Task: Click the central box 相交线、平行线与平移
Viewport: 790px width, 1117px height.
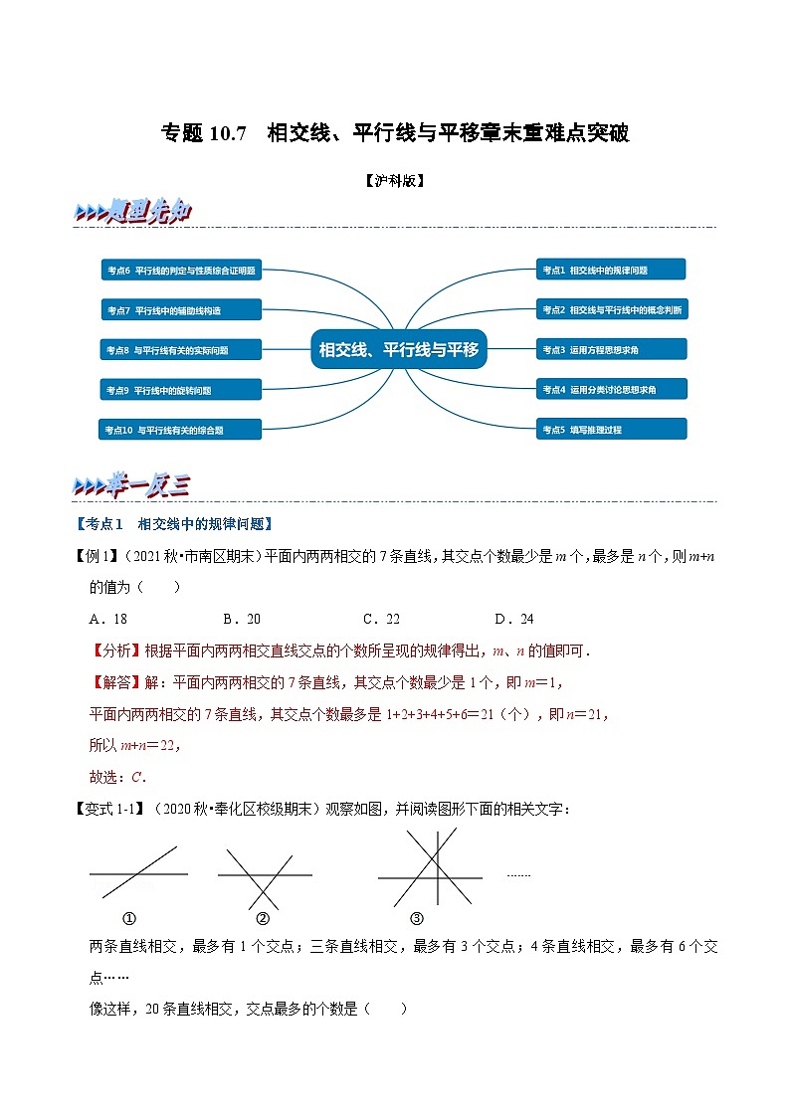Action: pos(398,349)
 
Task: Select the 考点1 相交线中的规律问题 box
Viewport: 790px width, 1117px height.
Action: pos(611,270)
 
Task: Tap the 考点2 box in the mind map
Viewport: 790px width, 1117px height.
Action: pos(611,309)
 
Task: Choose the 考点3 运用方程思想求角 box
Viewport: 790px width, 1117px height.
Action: pos(611,349)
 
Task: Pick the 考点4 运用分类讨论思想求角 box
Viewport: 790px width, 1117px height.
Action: pos(611,389)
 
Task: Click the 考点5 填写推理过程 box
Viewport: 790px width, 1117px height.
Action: pos(611,430)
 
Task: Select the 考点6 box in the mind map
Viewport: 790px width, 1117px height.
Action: pos(181,270)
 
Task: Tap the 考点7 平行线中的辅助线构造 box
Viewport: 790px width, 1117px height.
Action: pos(181,310)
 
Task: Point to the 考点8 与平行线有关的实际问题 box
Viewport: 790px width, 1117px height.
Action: pos(181,350)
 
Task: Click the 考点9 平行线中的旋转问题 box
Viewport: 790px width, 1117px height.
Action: pos(181,390)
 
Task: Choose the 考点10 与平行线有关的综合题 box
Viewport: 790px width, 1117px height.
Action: pos(181,430)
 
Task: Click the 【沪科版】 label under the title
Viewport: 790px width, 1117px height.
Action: pos(395,181)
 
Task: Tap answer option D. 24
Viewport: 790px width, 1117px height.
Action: pos(514,619)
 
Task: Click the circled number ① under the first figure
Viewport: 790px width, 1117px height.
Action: pos(129,918)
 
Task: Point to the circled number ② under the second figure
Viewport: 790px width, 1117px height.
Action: pos(263,918)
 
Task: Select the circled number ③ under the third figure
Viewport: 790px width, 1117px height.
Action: pos(417,918)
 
